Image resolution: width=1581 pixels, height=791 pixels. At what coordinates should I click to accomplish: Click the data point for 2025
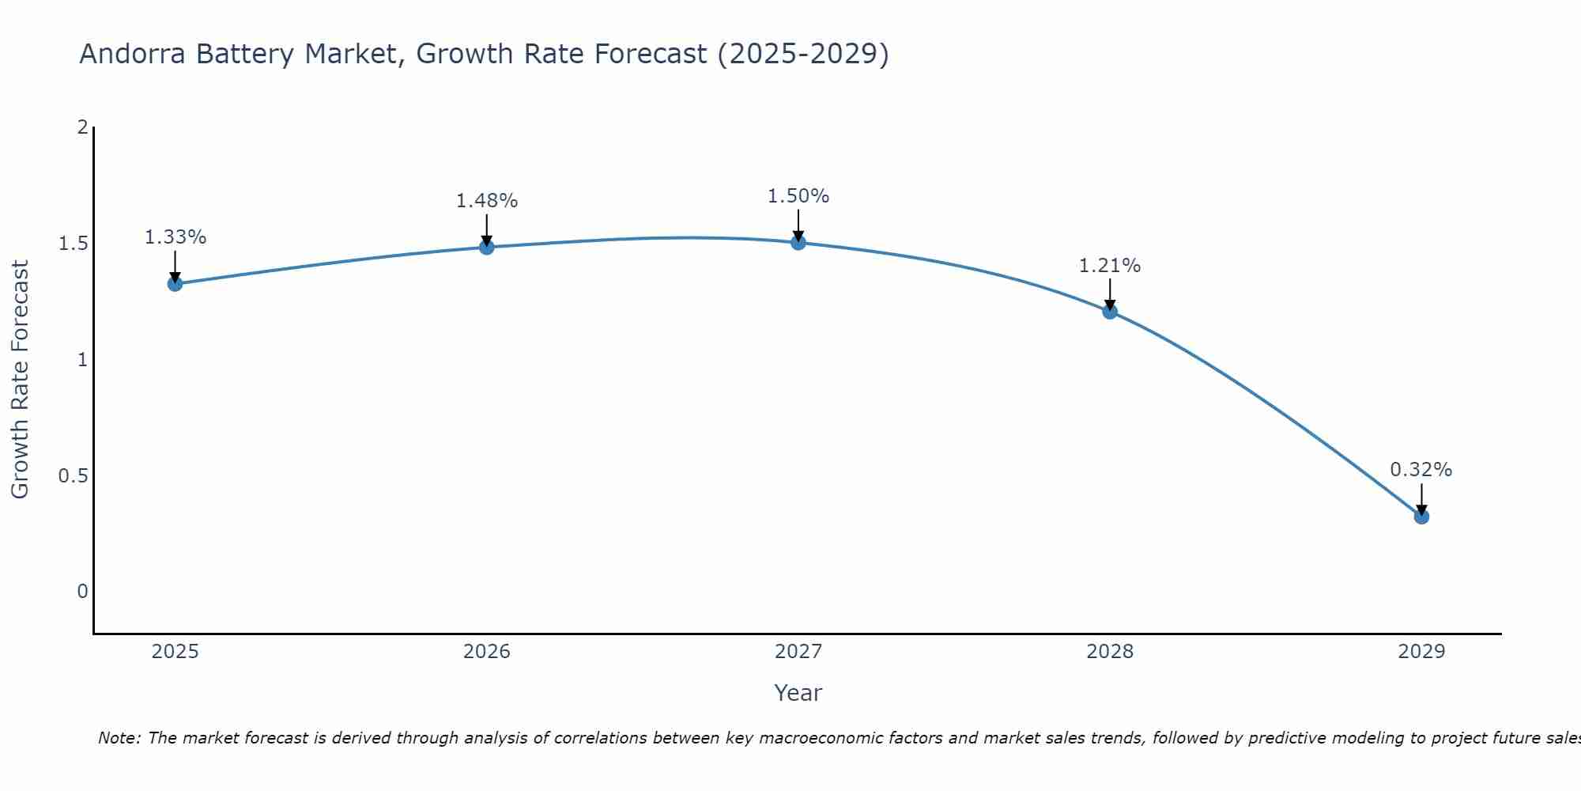coord(175,283)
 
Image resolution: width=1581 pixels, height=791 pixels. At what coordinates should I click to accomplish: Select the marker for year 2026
coord(487,248)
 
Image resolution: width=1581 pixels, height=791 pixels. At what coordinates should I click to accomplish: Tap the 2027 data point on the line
coord(798,243)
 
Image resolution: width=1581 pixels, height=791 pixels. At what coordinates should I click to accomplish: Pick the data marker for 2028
coord(1110,311)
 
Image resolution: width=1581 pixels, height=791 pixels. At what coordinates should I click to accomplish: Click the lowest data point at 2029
coord(1421,517)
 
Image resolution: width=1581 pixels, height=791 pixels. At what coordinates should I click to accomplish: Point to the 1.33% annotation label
coord(175,237)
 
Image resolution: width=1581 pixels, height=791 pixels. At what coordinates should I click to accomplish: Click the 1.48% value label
coord(487,201)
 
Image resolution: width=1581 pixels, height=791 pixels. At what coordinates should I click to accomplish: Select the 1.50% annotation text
coord(798,196)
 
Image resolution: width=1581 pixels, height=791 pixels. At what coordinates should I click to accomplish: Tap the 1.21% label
coord(1110,266)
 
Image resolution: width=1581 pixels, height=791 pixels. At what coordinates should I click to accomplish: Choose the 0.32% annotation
coord(1421,470)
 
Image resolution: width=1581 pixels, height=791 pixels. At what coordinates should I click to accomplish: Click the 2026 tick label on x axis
coord(487,652)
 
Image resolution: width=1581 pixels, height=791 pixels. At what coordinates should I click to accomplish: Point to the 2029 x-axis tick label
coord(1421,652)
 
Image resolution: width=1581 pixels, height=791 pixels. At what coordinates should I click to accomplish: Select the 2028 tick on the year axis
coord(1110,652)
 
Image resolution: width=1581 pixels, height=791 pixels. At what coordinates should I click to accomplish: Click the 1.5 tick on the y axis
coord(74,244)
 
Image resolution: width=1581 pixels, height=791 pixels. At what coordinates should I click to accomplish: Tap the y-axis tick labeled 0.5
coord(74,476)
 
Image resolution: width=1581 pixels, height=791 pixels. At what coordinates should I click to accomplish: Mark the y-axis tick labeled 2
coord(82,127)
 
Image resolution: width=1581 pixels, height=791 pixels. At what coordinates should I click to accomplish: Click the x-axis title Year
coord(798,693)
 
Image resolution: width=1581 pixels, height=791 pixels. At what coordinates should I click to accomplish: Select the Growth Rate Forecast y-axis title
coord(21,380)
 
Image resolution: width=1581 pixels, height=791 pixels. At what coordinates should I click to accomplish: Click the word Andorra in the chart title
coord(134,54)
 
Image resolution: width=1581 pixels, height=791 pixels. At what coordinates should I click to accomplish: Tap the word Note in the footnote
coord(119,738)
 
